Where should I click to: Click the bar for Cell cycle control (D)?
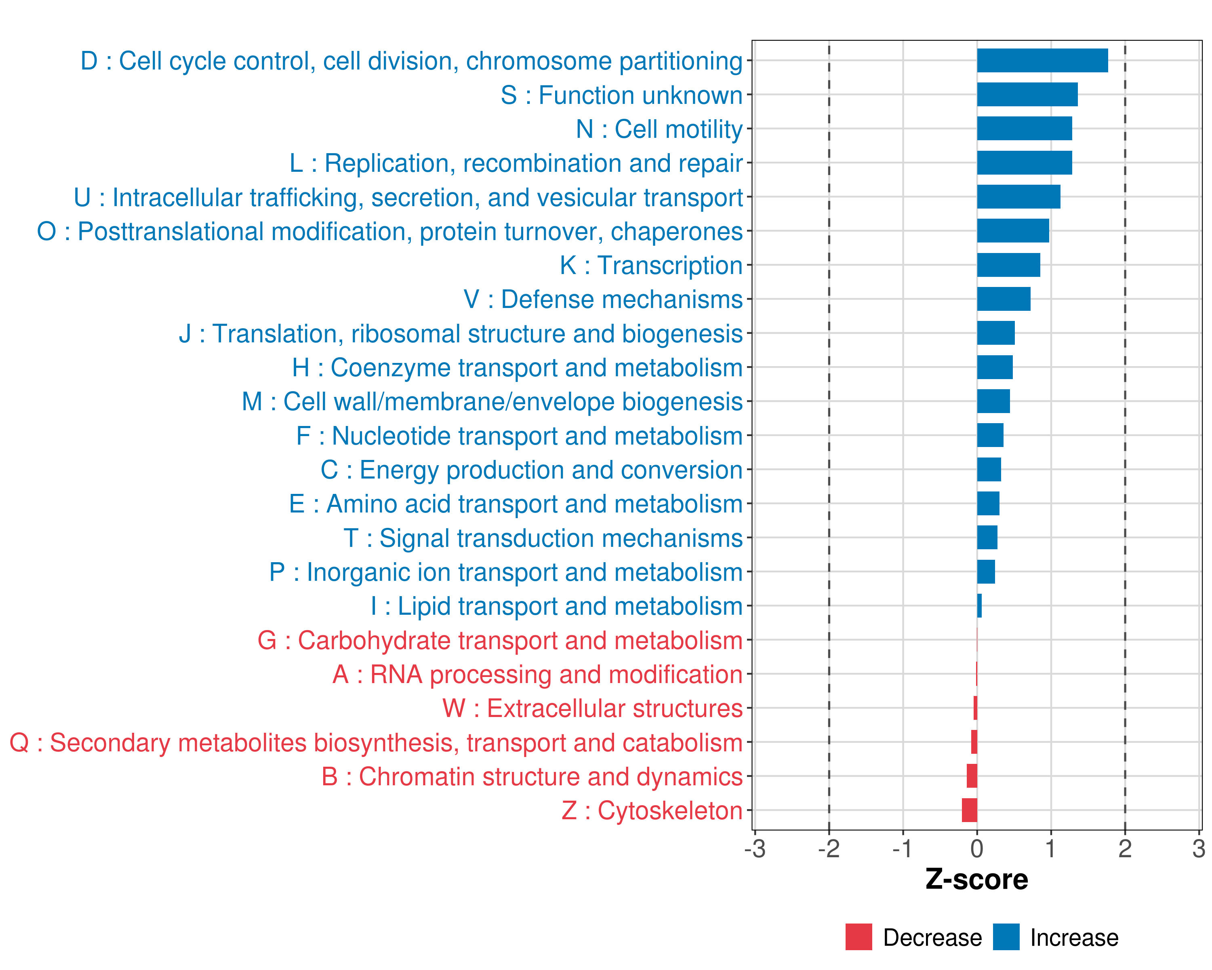coord(1042,61)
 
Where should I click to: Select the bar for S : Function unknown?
coord(1027,95)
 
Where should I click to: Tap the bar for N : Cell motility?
coord(1024,129)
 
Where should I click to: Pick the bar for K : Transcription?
coord(1008,265)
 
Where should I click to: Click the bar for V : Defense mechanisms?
coord(1004,299)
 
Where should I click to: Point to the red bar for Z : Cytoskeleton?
coord(970,810)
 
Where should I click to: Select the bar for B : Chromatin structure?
coord(972,776)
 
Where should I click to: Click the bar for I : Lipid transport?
coord(979,605)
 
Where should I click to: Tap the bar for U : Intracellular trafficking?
coord(1018,197)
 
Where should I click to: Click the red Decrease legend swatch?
coord(858,937)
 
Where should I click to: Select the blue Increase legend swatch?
coord(1006,937)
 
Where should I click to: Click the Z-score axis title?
coord(976,879)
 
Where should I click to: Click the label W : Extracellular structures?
coord(593,709)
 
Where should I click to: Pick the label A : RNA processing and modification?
coord(537,674)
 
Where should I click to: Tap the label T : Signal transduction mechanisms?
coord(543,538)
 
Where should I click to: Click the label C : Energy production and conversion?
coord(532,470)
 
